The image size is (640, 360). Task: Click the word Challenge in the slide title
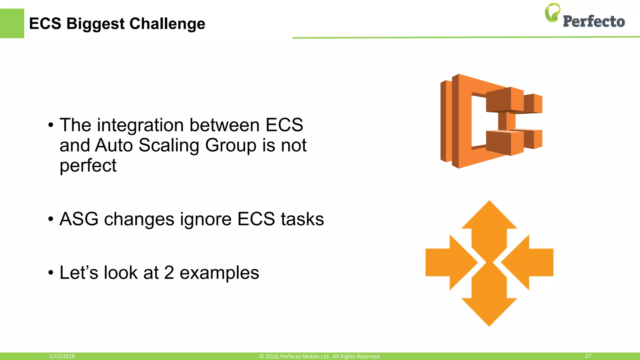[167, 24]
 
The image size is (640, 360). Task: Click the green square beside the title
[12, 23]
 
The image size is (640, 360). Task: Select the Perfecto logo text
[593, 22]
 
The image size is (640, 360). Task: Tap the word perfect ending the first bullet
[88, 166]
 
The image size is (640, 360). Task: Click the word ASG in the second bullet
[79, 219]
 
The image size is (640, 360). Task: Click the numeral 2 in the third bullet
[169, 272]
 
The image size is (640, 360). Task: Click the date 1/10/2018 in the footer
[62, 356]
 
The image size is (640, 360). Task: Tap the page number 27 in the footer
[588, 356]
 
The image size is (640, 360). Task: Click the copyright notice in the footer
[320, 356]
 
